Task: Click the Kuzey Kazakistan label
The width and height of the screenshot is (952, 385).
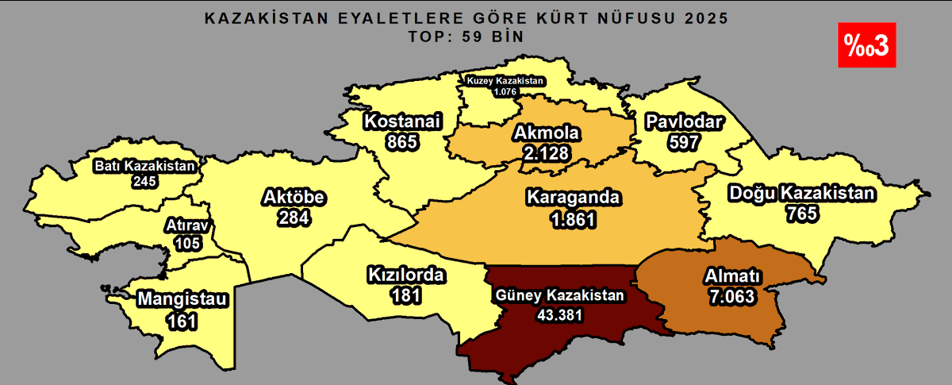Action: pyautogui.click(x=505, y=81)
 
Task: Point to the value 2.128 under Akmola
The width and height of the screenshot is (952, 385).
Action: pyautogui.click(x=546, y=152)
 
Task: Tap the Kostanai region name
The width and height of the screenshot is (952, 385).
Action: pyautogui.click(x=402, y=121)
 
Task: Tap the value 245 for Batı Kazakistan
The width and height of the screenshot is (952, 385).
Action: pyautogui.click(x=144, y=181)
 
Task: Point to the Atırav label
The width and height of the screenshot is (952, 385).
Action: pyautogui.click(x=187, y=226)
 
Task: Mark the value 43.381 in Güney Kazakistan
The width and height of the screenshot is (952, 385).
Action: pyautogui.click(x=561, y=314)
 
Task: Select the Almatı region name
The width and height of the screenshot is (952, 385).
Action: pyautogui.click(x=732, y=277)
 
